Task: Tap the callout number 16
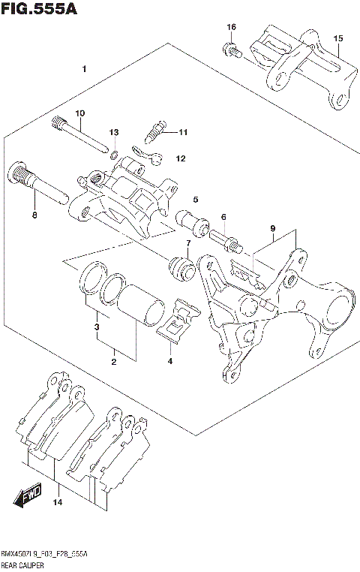pos(232,27)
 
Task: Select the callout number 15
pos(337,38)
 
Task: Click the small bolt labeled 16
pos(231,50)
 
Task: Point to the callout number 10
pos(79,113)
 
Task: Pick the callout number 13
pos(114,132)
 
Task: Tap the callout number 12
pos(180,159)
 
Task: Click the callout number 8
pos(34,215)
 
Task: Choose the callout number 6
pos(223,217)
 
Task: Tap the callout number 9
pos(273,228)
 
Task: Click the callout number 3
pos(95,327)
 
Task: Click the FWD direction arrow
pos(27,496)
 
